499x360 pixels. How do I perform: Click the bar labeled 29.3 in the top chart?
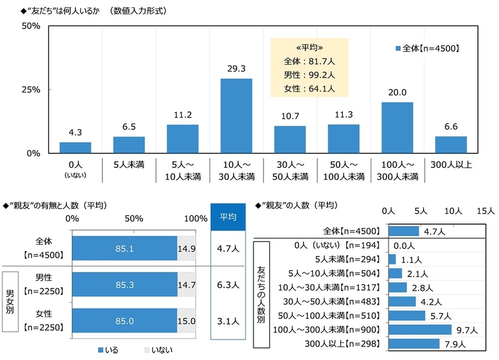(x=236, y=116)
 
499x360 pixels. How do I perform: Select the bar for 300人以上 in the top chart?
(x=451, y=145)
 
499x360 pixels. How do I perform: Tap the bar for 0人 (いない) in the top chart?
(x=75, y=148)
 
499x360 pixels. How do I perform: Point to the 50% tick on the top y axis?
(x=30, y=27)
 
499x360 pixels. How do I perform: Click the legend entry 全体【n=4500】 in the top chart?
(x=427, y=48)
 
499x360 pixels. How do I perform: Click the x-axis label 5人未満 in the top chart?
(x=129, y=164)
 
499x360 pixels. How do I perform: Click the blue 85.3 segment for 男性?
(x=124, y=285)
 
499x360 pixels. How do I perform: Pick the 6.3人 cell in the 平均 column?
(x=228, y=285)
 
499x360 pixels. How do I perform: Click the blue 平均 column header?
(x=228, y=217)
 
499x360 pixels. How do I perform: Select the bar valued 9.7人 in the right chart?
(x=420, y=330)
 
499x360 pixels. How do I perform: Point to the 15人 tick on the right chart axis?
(x=485, y=211)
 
